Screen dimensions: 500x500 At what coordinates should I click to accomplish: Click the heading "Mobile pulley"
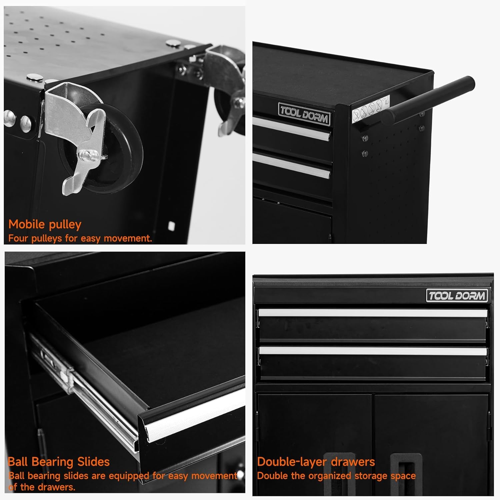coord(45,225)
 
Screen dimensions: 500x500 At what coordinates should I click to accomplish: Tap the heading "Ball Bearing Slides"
coord(59,462)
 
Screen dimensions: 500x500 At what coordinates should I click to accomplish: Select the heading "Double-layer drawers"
coord(316,462)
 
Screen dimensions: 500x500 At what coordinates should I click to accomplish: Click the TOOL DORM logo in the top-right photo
coord(304,114)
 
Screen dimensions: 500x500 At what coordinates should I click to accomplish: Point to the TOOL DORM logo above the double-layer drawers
coord(457,296)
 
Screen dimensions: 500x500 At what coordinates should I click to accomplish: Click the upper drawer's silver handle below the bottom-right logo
coord(373,313)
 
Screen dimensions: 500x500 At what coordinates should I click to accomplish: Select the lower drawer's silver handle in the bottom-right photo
coord(373,351)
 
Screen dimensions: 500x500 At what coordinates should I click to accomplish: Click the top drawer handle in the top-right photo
coord(292,128)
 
